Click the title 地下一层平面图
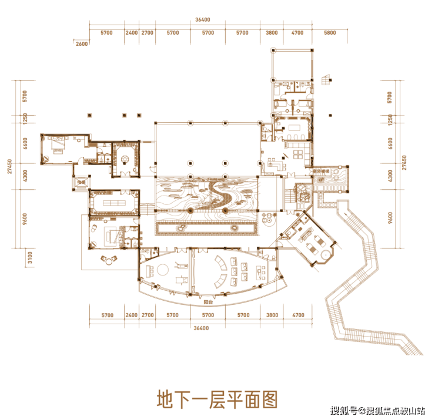click(216, 399)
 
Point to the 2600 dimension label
click(82, 44)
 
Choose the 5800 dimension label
click(330, 33)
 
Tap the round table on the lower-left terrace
click(108, 258)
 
